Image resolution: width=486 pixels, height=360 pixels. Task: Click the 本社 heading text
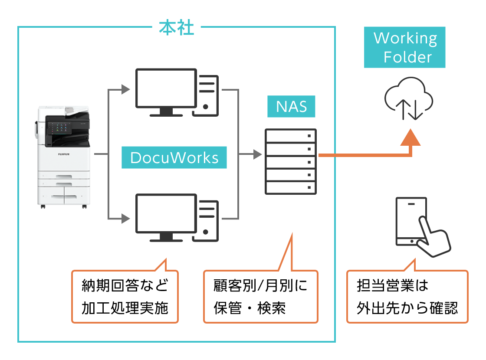tap(176, 28)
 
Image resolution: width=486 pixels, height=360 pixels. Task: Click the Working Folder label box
tap(405, 48)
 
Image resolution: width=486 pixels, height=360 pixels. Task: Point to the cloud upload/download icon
tap(409, 99)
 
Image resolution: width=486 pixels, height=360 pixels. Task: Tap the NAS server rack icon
tap(291, 161)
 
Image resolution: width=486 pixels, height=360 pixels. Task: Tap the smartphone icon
tap(410, 221)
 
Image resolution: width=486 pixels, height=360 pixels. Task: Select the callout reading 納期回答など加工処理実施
tap(125, 297)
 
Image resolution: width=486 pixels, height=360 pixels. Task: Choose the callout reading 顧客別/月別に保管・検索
tap(260, 297)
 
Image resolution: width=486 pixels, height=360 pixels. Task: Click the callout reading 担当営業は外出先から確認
tap(407, 297)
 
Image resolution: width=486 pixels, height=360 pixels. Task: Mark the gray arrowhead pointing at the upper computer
tap(125, 90)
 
